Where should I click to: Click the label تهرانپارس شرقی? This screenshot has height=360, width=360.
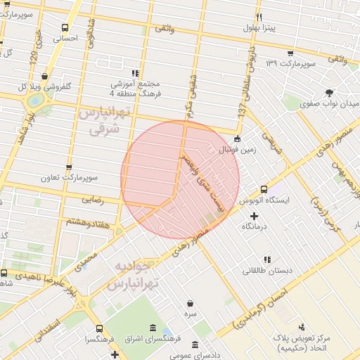[x=101, y=120]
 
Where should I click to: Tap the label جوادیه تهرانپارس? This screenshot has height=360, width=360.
[x=134, y=276]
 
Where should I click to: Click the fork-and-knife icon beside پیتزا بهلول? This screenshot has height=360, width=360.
[x=259, y=17]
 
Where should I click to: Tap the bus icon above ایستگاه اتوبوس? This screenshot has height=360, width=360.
[x=264, y=189]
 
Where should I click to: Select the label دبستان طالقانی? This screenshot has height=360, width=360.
[x=264, y=270]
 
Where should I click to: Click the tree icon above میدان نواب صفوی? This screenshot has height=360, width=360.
[x=329, y=92]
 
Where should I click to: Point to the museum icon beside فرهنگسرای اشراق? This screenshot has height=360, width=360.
[x=153, y=328]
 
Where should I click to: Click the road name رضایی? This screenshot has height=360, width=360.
[x=94, y=200]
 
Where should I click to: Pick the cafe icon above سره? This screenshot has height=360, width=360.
[x=190, y=303]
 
